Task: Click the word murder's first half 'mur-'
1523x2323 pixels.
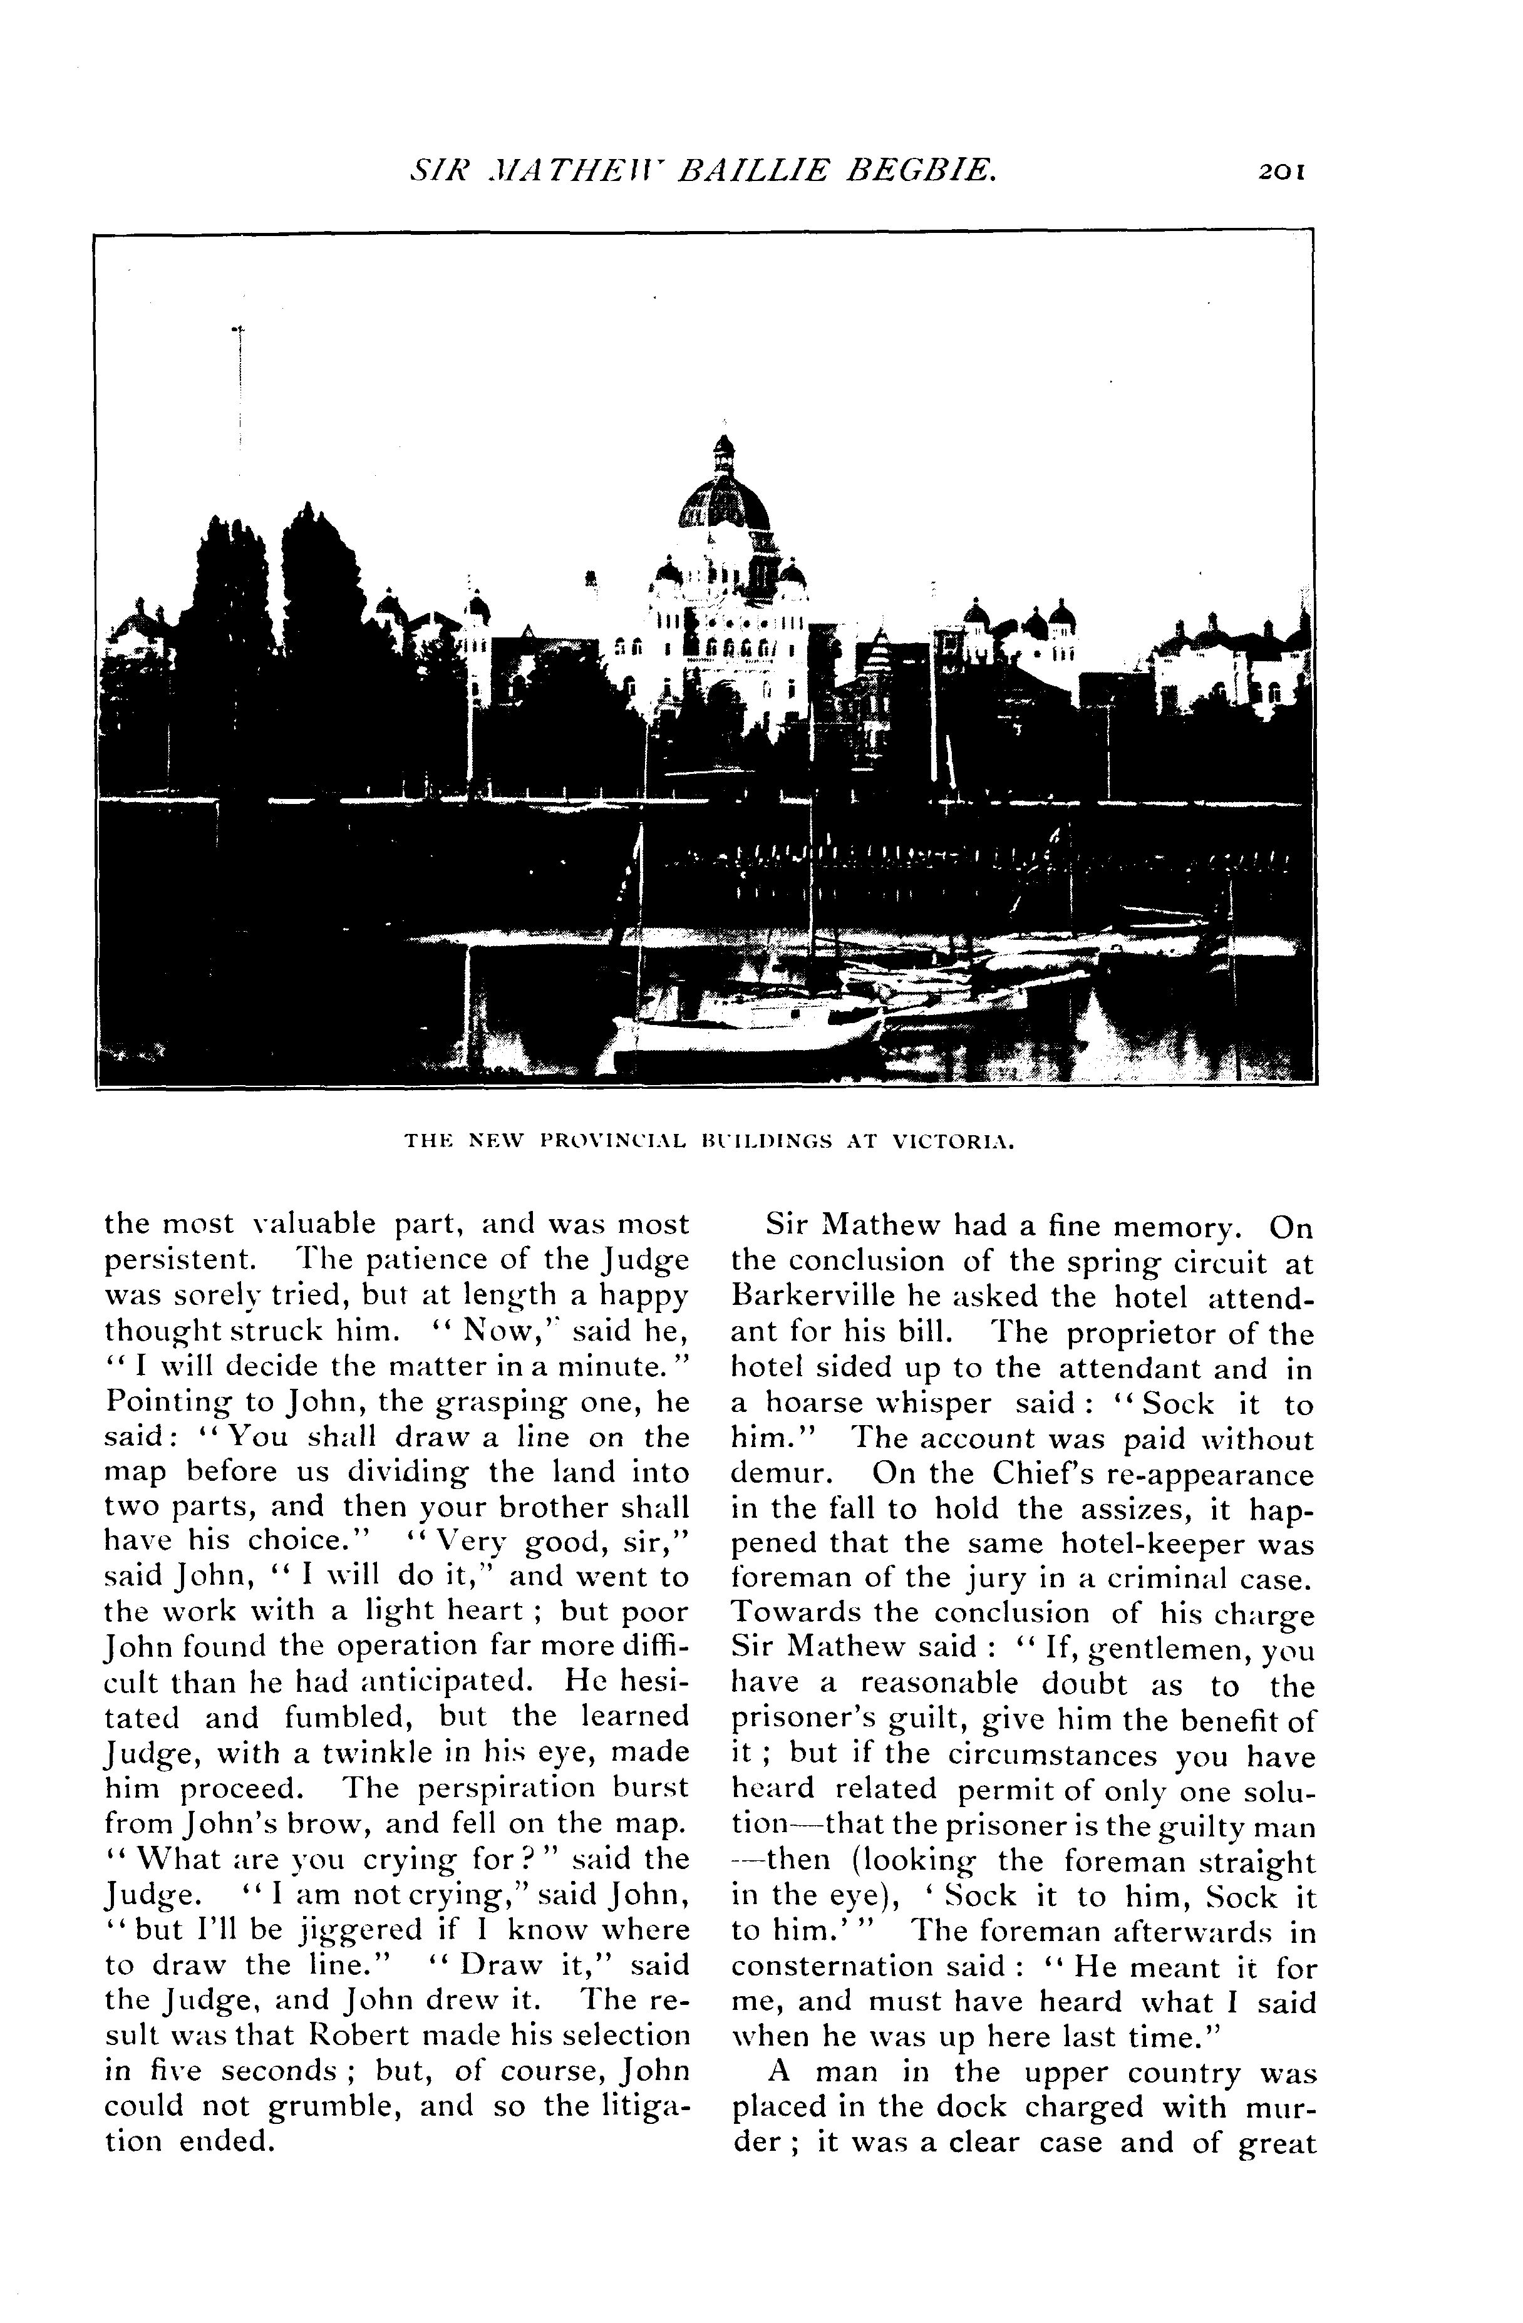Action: pos(1278,2106)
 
